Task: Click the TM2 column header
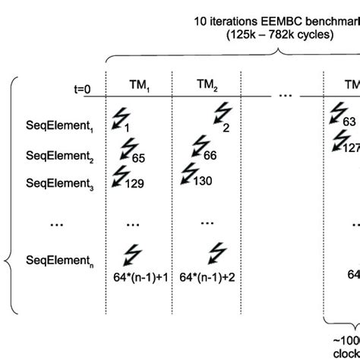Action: (x=207, y=87)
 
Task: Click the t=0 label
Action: (x=77, y=89)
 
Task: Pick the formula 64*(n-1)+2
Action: (x=208, y=279)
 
